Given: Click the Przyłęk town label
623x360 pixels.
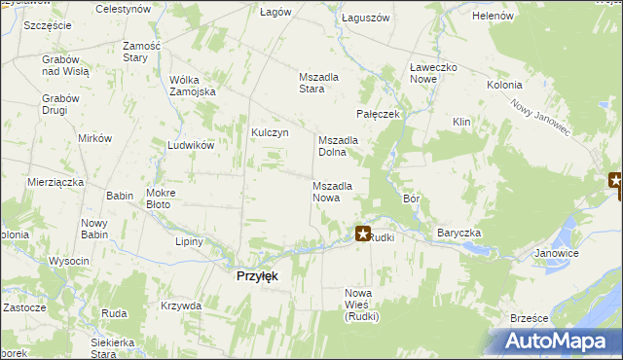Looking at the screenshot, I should pyautogui.click(x=258, y=276).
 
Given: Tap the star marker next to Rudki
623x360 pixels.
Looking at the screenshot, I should pyautogui.click(x=363, y=234).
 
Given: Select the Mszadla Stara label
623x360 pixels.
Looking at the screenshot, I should pyautogui.click(x=322, y=83).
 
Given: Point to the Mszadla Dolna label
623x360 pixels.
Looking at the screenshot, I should pyautogui.click(x=339, y=146).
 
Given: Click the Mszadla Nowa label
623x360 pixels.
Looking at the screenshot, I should pyautogui.click(x=332, y=192).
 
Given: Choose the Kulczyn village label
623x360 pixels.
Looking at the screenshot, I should pyautogui.click(x=271, y=133).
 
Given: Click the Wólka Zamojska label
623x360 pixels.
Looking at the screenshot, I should pyautogui.click(x=192, y=86).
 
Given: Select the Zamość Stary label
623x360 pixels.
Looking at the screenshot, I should pyautogui.click(x=141, y=53).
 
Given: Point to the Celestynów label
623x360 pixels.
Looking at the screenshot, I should pyautogui.click(x=123, y=8).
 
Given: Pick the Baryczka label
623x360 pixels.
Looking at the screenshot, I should pyautogui.click(x=458, y=234).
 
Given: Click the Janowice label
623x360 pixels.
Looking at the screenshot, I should pyautogui.click(x=556, y=253).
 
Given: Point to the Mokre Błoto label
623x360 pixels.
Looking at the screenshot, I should pyautogui.click(x=160, y=198).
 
